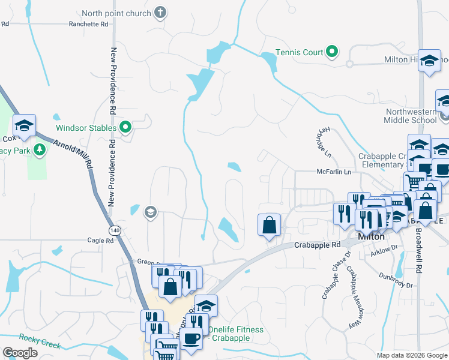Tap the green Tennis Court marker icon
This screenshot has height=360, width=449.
pyautogui.click(x=332, y=52)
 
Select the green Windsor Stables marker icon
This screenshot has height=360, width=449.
pyautogui.click(x=125, y=127)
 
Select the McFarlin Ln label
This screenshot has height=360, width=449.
pyautogui.click(x=342, y=172)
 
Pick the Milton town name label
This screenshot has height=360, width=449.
pyautogui.click(x=371, y=236)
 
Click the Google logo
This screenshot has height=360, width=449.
pyautogui.click(x=20, y=353)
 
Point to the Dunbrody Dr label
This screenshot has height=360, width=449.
pyautogui.click(x=396, y=280)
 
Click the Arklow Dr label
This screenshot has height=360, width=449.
pyautogui.click(x=385, y=247)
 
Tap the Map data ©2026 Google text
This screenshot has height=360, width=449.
pyautogui.click(x=411, y=355)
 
